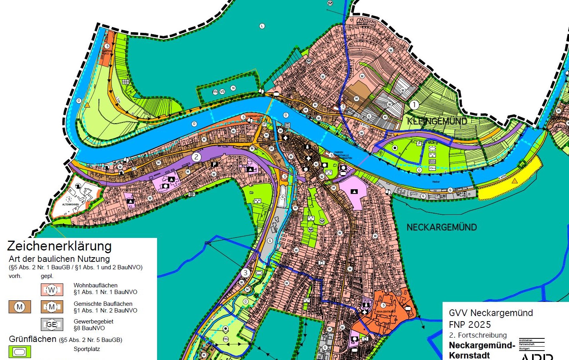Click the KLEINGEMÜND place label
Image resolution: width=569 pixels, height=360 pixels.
tap(437, 121)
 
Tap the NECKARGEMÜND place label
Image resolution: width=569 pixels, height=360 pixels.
tap(441, 227)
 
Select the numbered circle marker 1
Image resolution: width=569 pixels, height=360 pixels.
tap(414, 105)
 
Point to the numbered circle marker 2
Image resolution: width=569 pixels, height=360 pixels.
tap(196, 157)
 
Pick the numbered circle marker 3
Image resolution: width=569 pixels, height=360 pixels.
tap(245, 272)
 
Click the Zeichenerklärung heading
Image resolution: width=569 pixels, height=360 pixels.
tap(59, 246)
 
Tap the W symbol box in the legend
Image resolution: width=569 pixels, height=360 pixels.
tap(52, 290)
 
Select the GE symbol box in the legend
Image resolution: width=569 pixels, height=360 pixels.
tap(52, 324)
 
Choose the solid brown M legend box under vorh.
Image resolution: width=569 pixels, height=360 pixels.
tap(20, 307)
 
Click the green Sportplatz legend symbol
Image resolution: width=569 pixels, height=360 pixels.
tap(20, 351)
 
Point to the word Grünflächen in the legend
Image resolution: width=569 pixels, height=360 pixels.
tap(33, 339)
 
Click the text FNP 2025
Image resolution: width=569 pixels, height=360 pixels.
tap(470, 325)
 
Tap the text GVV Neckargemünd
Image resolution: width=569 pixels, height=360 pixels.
tap(490, 313)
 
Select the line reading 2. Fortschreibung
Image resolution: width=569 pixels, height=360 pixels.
tap(478, 335)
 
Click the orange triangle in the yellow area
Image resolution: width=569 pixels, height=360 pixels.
tap(514, 181)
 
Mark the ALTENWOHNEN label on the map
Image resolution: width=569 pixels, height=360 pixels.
tap(70, 205)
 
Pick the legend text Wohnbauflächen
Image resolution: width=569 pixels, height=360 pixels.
tap(95, 285)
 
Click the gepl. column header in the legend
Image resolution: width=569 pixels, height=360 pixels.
tap(47, 276)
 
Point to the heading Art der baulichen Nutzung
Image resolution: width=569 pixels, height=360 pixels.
tap(59, 259)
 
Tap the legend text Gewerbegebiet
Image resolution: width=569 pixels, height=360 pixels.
tap(93, 321)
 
